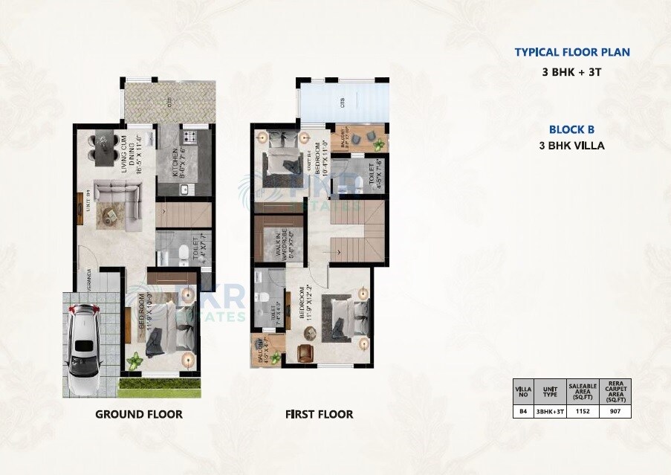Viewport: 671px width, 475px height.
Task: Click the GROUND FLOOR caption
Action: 138,414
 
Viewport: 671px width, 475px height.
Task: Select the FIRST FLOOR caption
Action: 319,414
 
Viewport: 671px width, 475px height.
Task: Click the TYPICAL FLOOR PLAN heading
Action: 571,52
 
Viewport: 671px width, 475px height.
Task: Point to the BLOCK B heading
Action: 571,129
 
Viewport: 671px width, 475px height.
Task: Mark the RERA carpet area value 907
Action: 615,410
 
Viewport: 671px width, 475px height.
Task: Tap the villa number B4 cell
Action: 522,410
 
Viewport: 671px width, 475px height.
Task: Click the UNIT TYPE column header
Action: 550,390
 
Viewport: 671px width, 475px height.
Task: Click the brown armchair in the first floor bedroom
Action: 305,352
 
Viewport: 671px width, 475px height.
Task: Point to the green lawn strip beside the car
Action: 160,387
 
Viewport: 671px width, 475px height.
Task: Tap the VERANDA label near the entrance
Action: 88,279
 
